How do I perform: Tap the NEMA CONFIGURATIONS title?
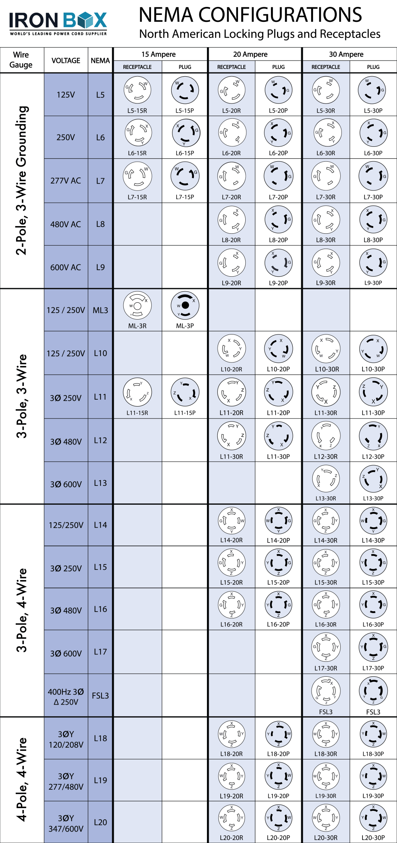coord(250,15)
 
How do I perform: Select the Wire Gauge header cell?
coord(21,60)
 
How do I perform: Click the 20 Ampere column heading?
coord(250,54)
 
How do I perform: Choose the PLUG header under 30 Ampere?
coord(373,67)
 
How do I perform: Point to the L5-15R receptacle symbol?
coord(137,90)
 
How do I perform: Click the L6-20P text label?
coord(278,153)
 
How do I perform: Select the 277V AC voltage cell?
coord(66,181)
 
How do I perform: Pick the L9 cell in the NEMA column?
coord(100,267)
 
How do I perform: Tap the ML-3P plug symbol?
coord(185,305)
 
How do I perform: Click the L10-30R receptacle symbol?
coord(326,349)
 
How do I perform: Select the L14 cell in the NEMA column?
coord(100,525)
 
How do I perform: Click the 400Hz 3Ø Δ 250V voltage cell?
coord(66,697)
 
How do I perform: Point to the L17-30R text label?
coord(326,668)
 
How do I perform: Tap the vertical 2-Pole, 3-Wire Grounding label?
coord(21,180)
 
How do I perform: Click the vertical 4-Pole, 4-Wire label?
coord(21,779)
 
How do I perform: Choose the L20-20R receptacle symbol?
coord(231,818)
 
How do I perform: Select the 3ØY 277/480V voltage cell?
coord(66,781)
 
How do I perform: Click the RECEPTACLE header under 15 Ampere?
coord(137,67)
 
